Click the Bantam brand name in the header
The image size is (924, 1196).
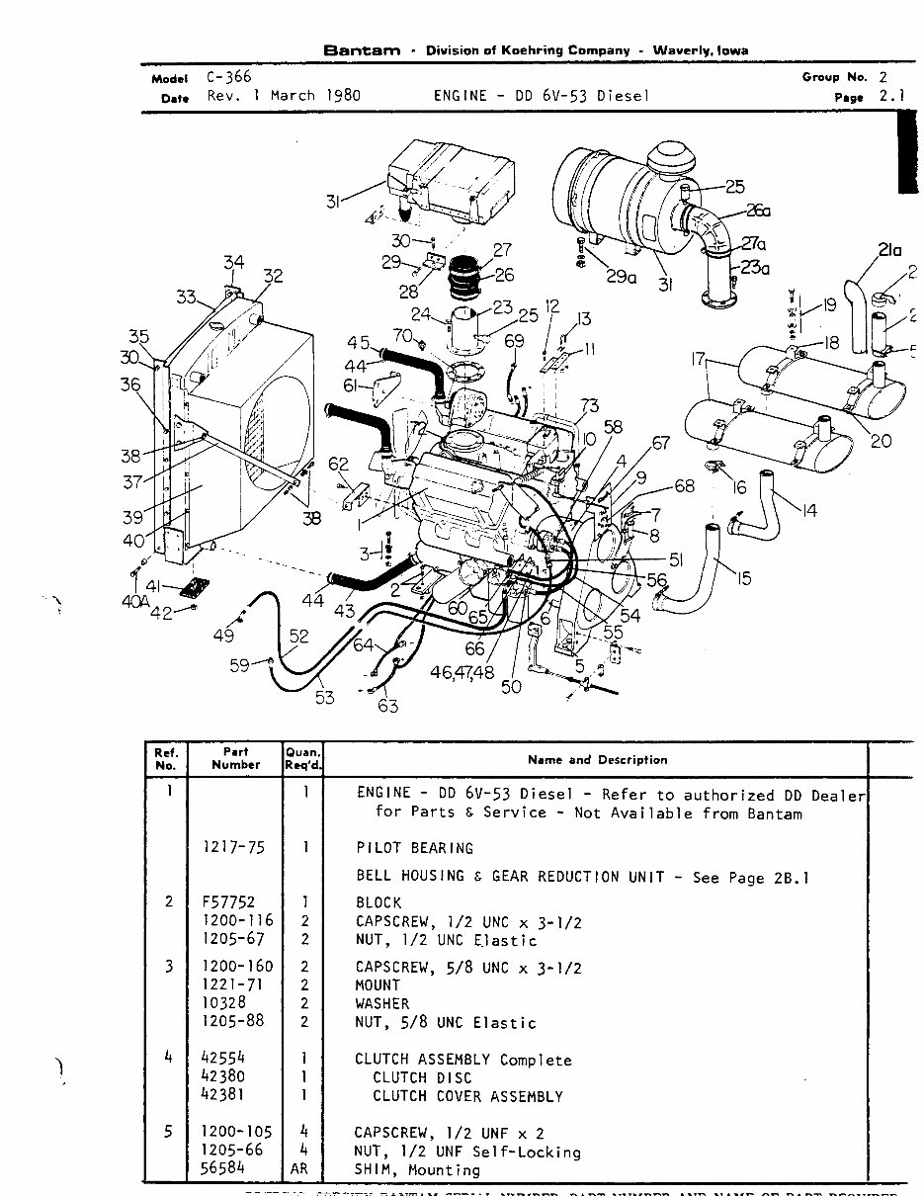click(x=362, y=51)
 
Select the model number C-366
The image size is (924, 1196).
click(x=228, y=77)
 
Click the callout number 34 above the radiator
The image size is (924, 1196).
click(x=233, y=263)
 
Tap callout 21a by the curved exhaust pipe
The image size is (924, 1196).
click(x=889, y=251)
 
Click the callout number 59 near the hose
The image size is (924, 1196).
click(x=240, y=666)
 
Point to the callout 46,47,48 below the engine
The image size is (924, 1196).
click(x=462, y=672)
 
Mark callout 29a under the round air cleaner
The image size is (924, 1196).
click(x=621, y=278)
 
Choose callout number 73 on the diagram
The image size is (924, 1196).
click(x=589, y=406)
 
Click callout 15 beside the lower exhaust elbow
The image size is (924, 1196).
click(x=742, y=578)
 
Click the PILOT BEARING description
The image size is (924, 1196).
click(x=414, y=848)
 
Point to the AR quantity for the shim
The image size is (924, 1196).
click(x=305, y=1170)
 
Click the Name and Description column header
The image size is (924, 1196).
click(x=597, y=760)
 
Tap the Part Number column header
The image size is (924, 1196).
click(x=236, y=758)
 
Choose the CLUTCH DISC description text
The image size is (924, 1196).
click(x=422, y=1077)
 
